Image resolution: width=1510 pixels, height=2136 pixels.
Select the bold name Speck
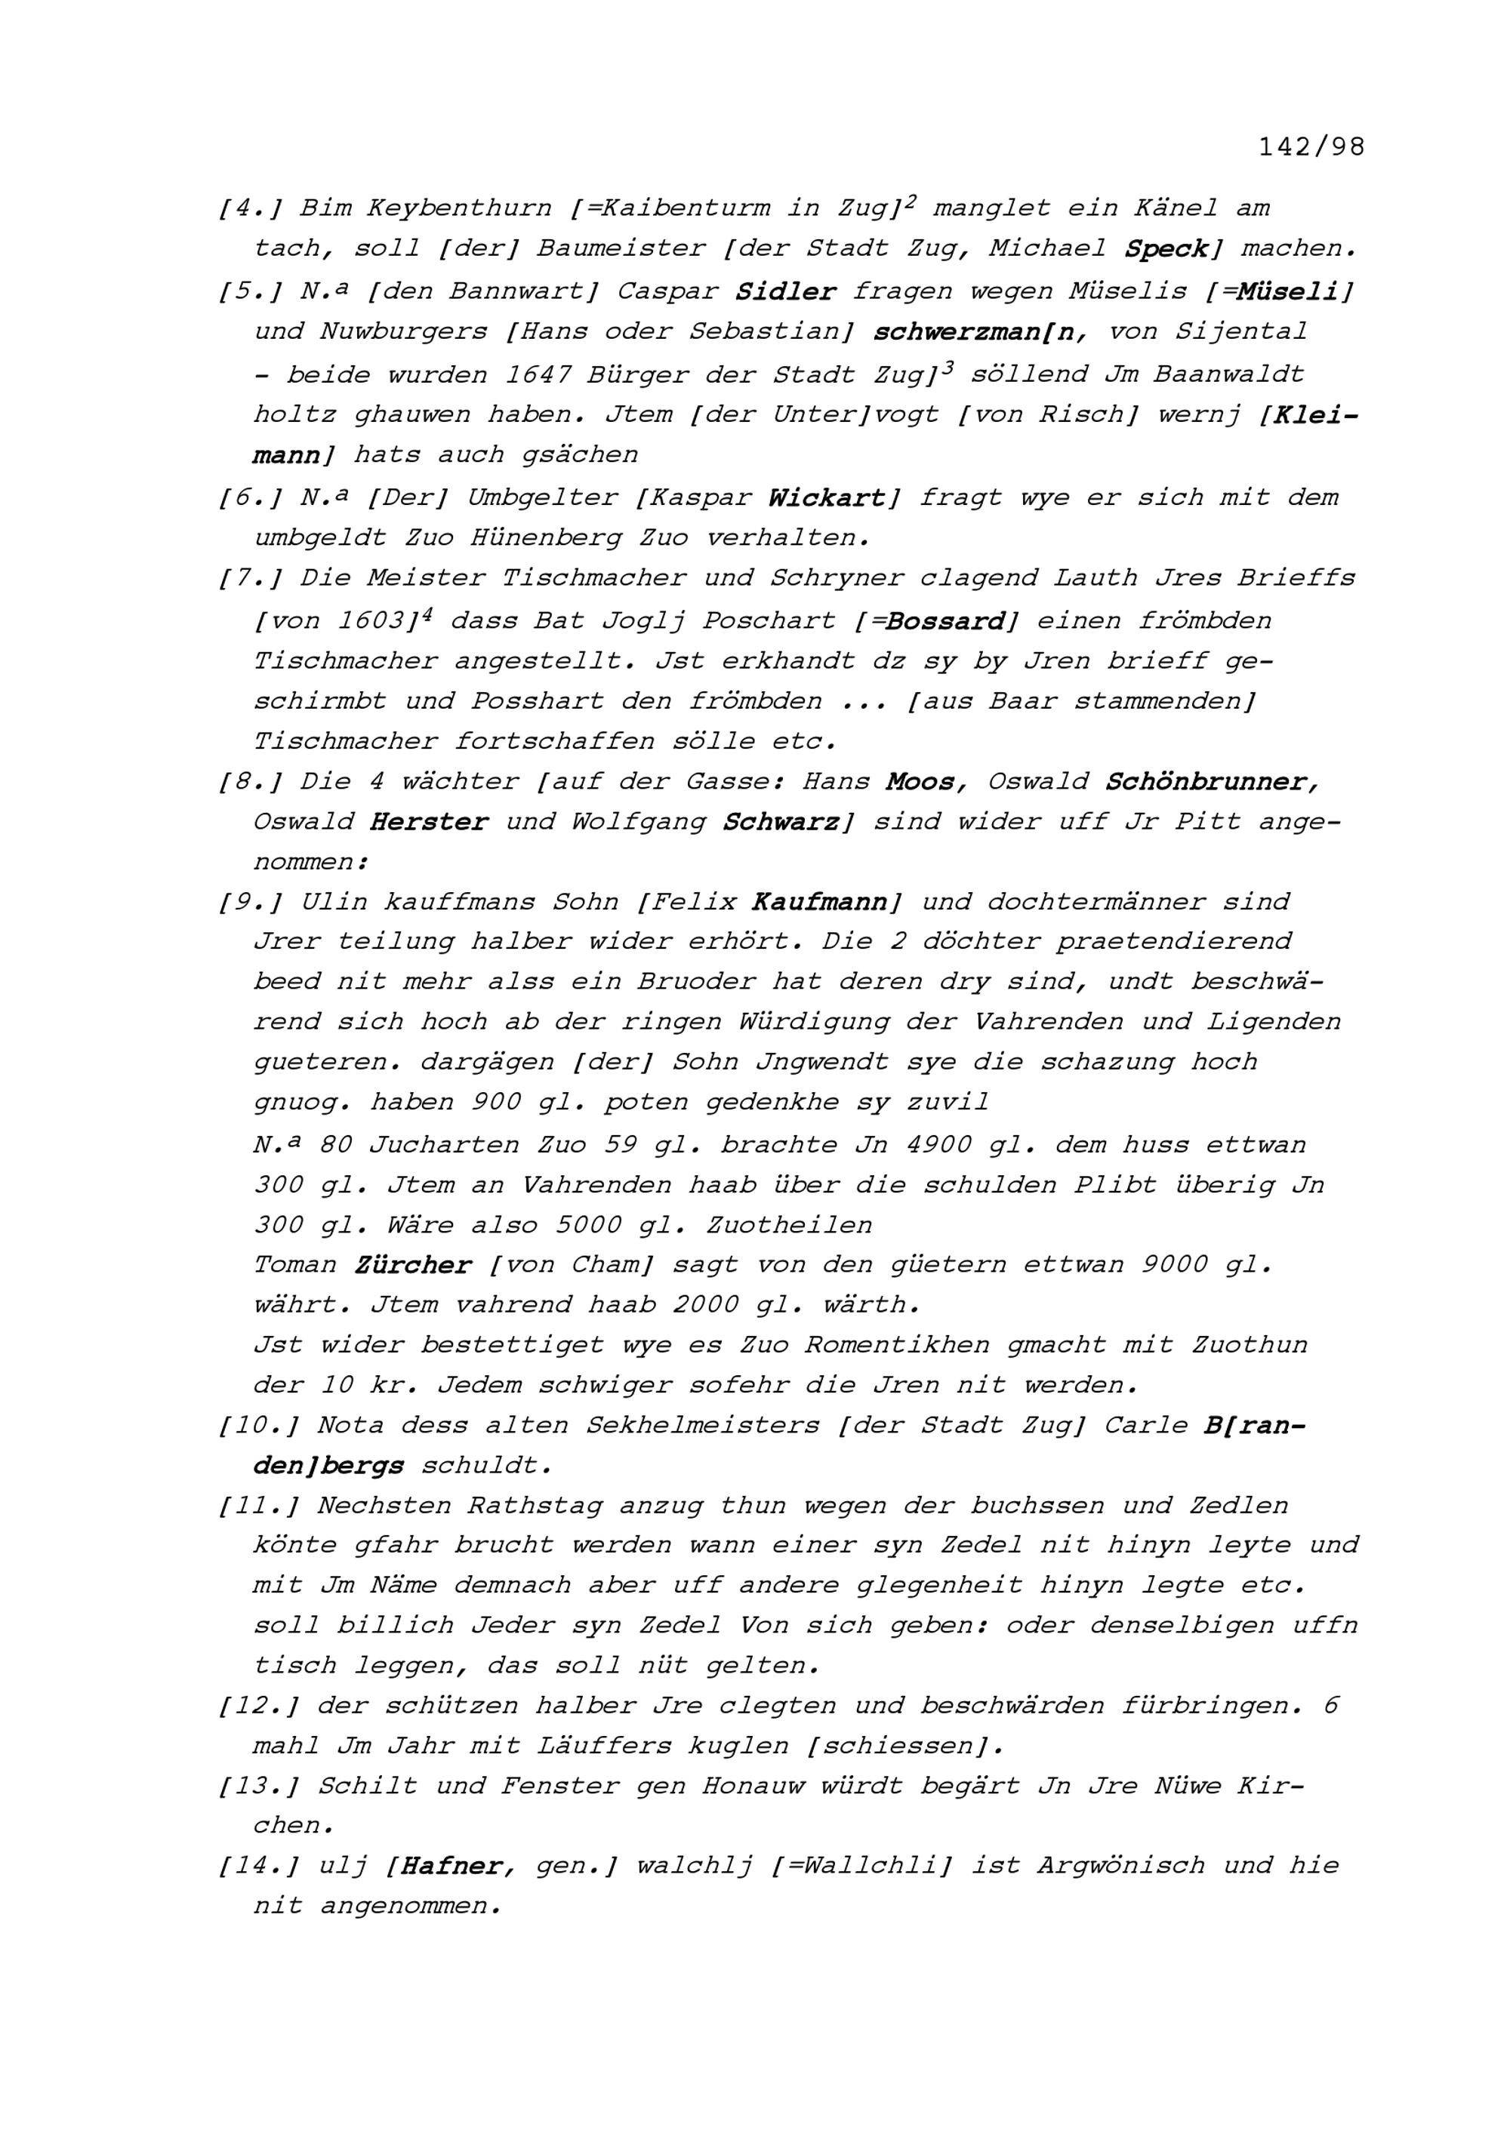[1166, 249]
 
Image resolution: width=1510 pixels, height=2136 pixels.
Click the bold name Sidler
[785, 291]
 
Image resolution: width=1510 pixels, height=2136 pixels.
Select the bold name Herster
[428, 823]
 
